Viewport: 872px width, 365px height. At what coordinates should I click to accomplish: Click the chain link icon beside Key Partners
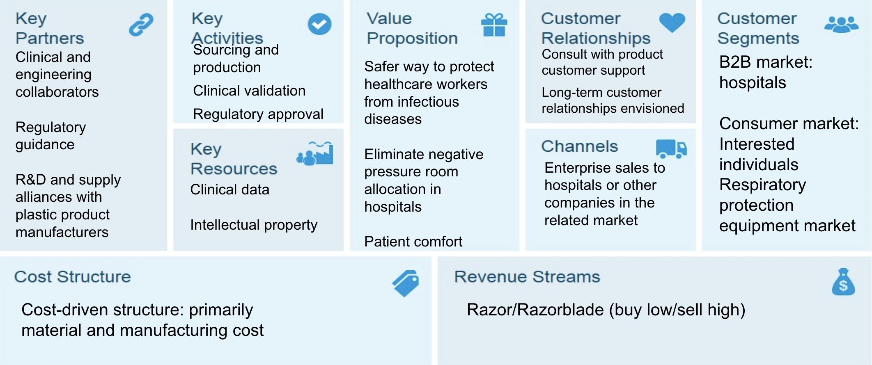[141, 25]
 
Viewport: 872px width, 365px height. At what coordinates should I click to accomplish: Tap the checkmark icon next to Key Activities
[319, 24]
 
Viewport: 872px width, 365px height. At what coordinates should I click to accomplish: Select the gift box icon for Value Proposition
[494, 25]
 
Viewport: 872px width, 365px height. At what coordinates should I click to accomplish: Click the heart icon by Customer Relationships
[672, 22]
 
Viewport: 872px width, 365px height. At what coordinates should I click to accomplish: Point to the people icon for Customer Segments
[841, 24]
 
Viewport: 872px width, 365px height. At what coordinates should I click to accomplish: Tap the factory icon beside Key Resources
[315, 153]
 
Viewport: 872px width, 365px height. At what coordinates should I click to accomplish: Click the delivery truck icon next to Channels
[671, 148]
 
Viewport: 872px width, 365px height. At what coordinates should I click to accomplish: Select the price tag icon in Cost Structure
[406, 283]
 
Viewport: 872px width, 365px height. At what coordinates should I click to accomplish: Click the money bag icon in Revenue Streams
[843, 282]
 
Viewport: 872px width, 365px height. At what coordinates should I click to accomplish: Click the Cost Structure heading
[73, 277]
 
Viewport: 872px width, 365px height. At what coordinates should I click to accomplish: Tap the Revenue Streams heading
[527, 277]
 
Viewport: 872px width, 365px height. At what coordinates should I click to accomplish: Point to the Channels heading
[580, 146]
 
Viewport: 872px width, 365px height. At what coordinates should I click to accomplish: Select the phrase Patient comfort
[413, 242]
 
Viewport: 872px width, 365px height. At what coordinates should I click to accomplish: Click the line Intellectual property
[254, 225]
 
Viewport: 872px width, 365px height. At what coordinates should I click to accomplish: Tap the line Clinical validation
[249, 91]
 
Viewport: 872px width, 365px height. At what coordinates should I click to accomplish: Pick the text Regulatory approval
[258, 114]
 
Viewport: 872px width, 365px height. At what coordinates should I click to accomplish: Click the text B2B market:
[766, 62]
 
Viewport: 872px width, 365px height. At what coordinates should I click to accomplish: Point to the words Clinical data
[230, 189]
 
